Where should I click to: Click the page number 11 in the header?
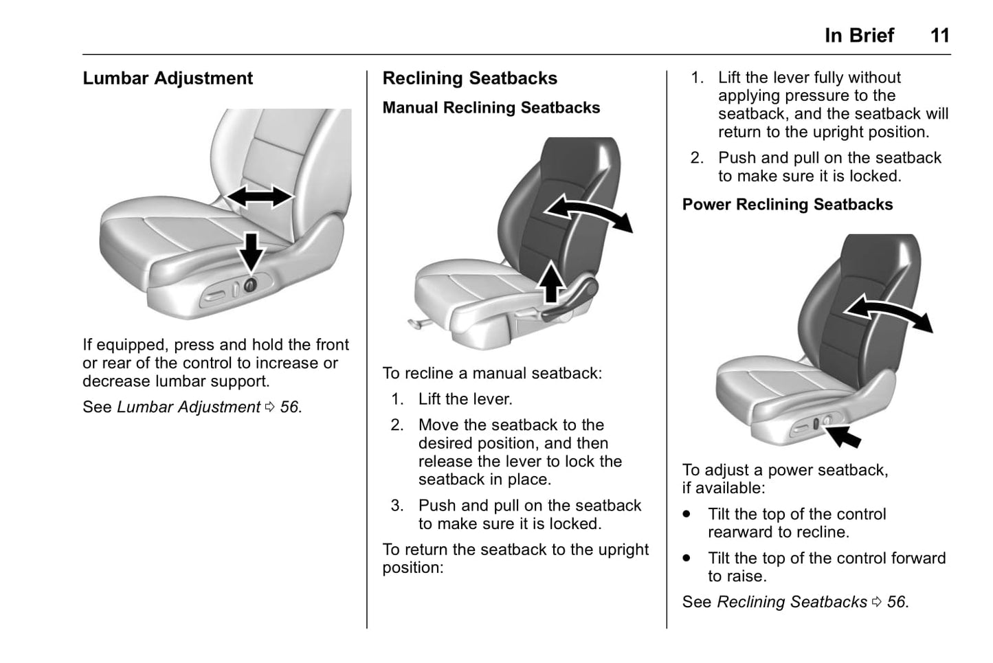click(939, 36)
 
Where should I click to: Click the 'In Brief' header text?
click(859, 36)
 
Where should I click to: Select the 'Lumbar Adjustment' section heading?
click(168, 78)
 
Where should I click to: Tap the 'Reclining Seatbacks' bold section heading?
click(469, 78)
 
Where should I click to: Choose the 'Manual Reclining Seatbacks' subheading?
click(491, 108)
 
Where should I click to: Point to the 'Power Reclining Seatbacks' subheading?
click(787, 205)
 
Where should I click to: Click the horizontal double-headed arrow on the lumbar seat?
click(259, 196)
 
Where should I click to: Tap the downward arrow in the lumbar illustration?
click(252, 251)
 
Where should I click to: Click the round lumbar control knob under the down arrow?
click(250, 284)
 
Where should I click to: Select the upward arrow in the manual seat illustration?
click(550, 282)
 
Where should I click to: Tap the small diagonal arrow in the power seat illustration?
click(843, 435)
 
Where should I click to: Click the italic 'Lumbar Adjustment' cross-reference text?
click(188, 407)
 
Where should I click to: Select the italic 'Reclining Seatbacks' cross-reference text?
click(792, 603)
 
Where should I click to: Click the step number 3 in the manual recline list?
click(397, 506)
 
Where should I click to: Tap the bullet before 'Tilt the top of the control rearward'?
click(687, 514)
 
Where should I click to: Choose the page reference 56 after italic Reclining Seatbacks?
click(896, 603)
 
